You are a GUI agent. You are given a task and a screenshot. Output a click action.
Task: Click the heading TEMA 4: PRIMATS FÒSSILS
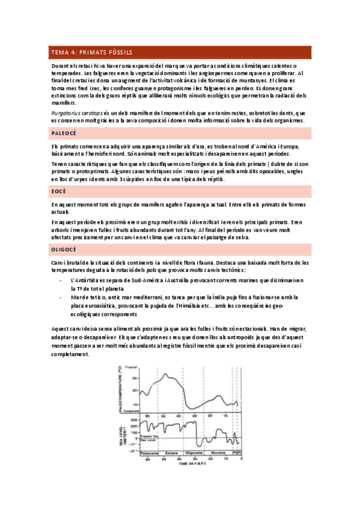click(92, 52)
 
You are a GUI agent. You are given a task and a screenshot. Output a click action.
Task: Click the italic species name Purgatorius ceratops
click(77, 112)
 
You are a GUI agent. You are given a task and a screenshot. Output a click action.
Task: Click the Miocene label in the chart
click(221, 452)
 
